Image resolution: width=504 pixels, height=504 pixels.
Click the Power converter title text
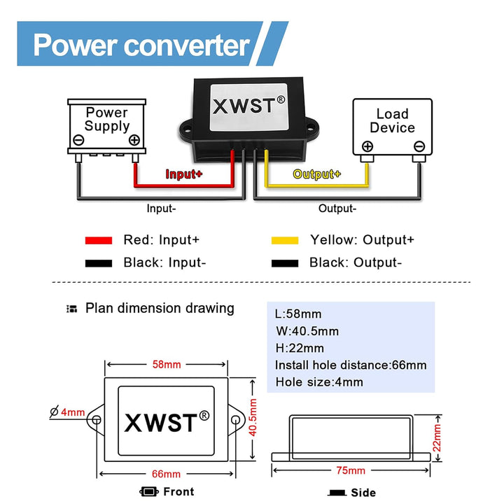(141, 45)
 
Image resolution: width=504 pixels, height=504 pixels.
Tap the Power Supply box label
(107, 120)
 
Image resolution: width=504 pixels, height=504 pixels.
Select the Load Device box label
(392, 120)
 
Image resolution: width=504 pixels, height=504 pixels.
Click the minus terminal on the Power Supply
(79, 140)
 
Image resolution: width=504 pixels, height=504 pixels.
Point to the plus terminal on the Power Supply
(134, 140)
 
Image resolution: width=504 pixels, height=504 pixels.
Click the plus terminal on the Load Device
(367, 147)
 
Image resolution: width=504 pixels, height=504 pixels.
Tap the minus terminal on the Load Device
(419, 147)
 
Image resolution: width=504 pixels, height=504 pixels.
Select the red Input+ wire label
(183, 174)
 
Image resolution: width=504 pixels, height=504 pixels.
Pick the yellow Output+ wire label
(317, 174)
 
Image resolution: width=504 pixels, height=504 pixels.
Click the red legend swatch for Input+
(98, 240)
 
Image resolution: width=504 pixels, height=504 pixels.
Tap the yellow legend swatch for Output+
(285, 240)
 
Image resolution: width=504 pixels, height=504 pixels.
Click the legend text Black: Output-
(356, 262)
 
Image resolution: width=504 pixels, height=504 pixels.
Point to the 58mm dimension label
(166, 365)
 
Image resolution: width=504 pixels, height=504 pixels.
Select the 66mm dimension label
(166, 474)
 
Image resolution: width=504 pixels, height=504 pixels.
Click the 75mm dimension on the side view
(351, 470)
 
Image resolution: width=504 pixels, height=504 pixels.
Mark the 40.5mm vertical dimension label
(254, 421)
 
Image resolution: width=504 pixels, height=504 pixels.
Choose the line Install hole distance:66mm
(350, 365)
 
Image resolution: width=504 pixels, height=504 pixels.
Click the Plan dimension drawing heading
(160, 308)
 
